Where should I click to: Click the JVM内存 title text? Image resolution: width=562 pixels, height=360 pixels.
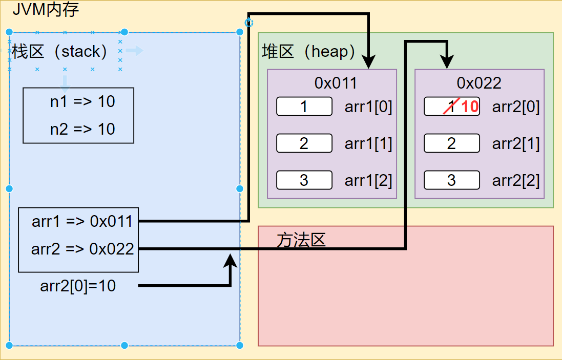[46, 9]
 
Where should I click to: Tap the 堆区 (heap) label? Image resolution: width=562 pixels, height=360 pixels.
[308, 51]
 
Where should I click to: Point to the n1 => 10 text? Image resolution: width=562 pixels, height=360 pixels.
[82, 102]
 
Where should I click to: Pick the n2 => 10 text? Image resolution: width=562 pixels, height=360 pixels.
[82, 129]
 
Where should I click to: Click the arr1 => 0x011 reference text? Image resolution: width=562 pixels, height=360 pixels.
[82, 221]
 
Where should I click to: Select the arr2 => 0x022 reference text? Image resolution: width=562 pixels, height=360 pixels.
[82, 249]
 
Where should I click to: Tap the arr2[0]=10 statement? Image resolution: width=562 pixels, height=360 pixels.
[78, 286]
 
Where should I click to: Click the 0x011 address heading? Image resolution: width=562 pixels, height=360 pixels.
[336, 83]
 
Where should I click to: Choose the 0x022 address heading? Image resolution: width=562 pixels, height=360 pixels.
[479, 83]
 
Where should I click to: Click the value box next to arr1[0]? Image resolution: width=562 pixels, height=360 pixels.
[304, 107]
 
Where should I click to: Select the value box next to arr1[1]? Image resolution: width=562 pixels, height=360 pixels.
[304, 143]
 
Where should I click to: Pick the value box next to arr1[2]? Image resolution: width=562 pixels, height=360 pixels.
[304, 180]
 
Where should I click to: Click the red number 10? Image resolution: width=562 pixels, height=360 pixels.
[469, 107]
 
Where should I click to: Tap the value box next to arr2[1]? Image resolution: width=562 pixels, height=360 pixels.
[452, 143]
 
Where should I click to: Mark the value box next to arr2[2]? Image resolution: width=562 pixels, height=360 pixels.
[452, 180]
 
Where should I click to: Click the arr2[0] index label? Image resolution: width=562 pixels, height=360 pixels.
[516, 107]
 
